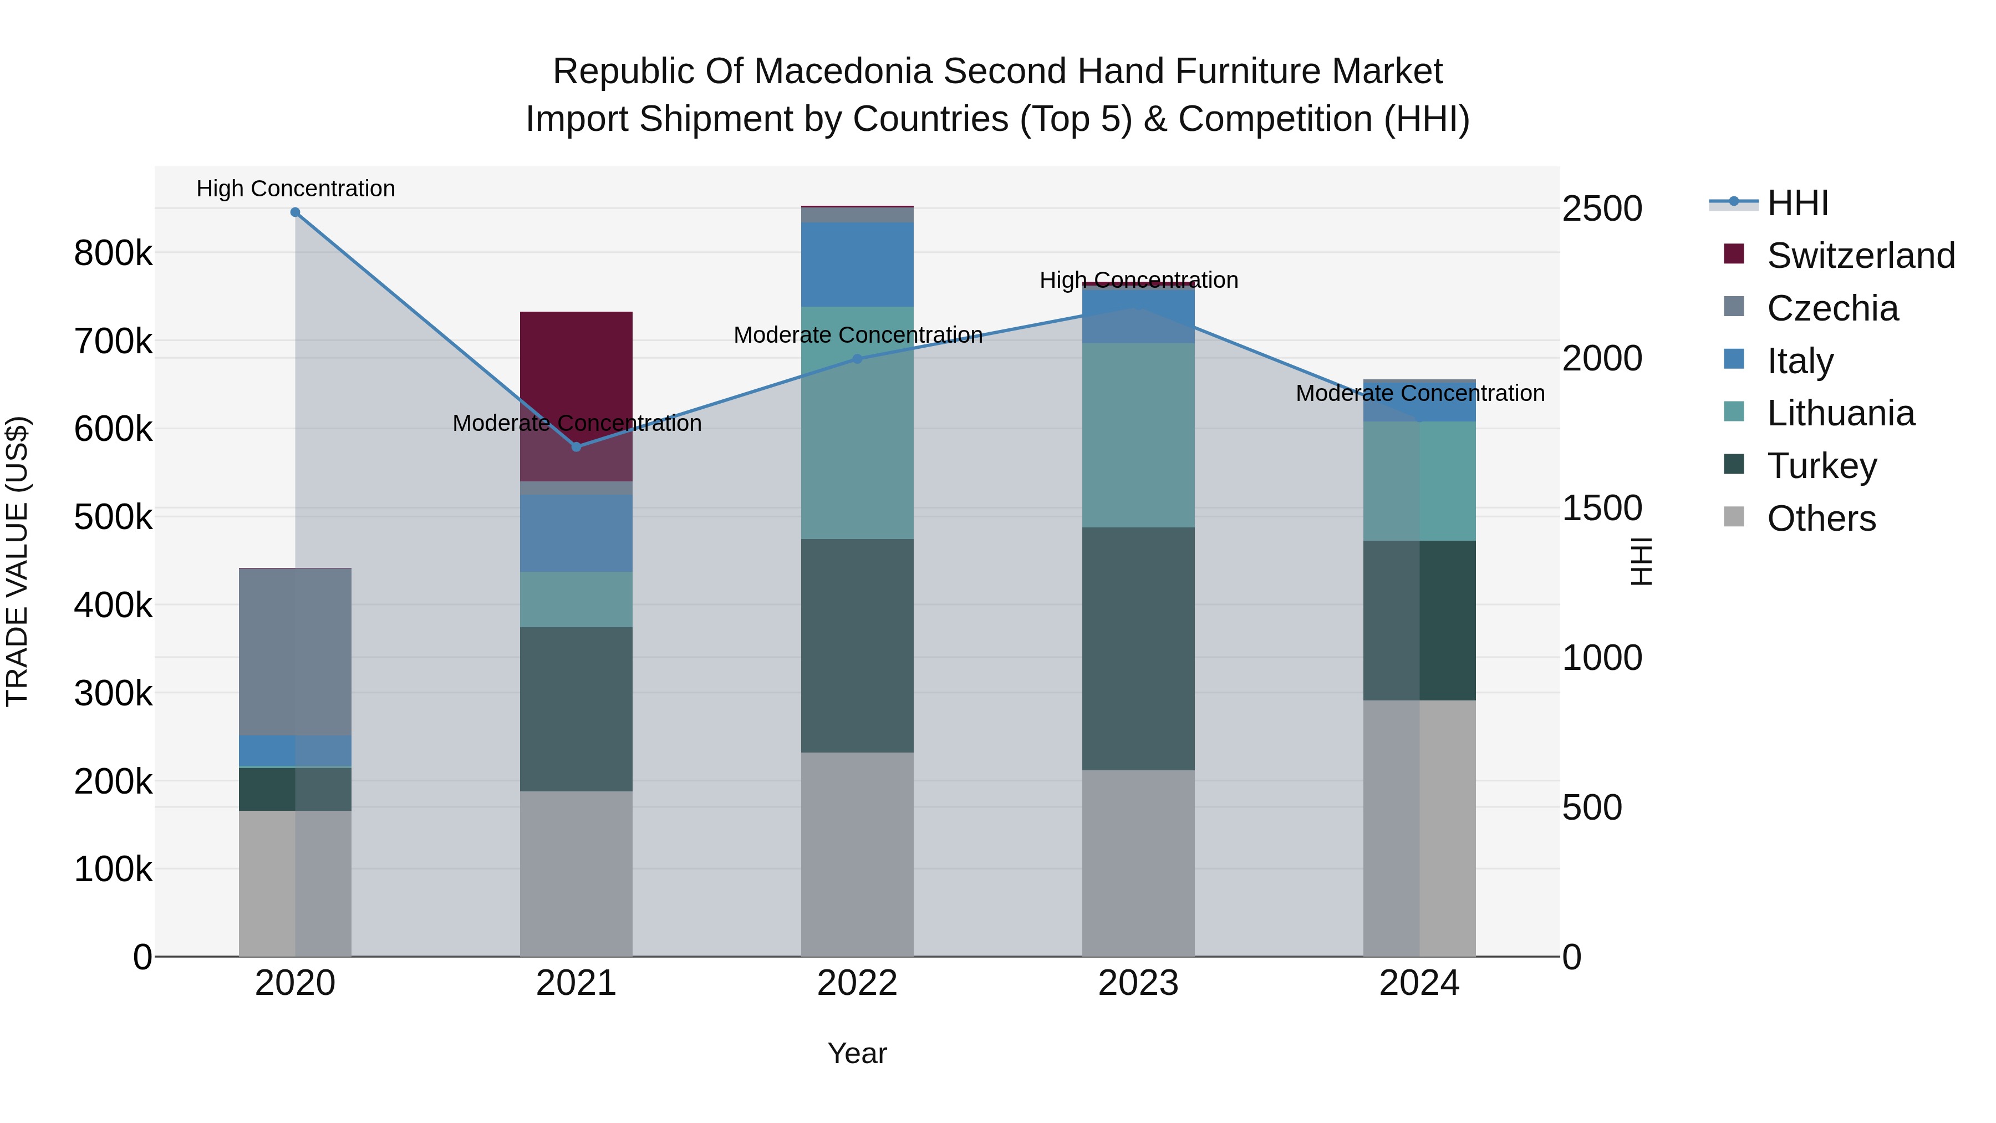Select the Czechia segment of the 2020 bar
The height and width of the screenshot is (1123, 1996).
coord(295,651)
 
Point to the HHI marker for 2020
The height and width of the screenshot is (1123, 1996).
coord(295,212)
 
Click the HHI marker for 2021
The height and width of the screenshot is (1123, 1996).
coord(576,447)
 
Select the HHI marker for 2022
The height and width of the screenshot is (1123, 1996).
coord(857,359)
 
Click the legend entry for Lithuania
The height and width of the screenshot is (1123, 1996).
coord(1840,413)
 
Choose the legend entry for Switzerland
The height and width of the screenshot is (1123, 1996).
coord(1860,256)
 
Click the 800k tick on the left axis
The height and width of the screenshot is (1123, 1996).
coord(113,253)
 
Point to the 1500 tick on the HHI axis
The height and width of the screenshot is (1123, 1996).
coord(1601,509)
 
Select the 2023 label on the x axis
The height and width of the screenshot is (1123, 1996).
coord(1138,983)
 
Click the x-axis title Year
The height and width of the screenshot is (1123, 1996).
coord(857,1053)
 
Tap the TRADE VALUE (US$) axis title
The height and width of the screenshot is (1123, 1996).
coord(18,561)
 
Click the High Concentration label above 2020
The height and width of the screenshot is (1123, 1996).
coord(295,189)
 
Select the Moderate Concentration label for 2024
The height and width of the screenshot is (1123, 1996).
coord(1419,394)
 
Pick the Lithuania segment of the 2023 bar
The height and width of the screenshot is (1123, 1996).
coord(1138,435)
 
